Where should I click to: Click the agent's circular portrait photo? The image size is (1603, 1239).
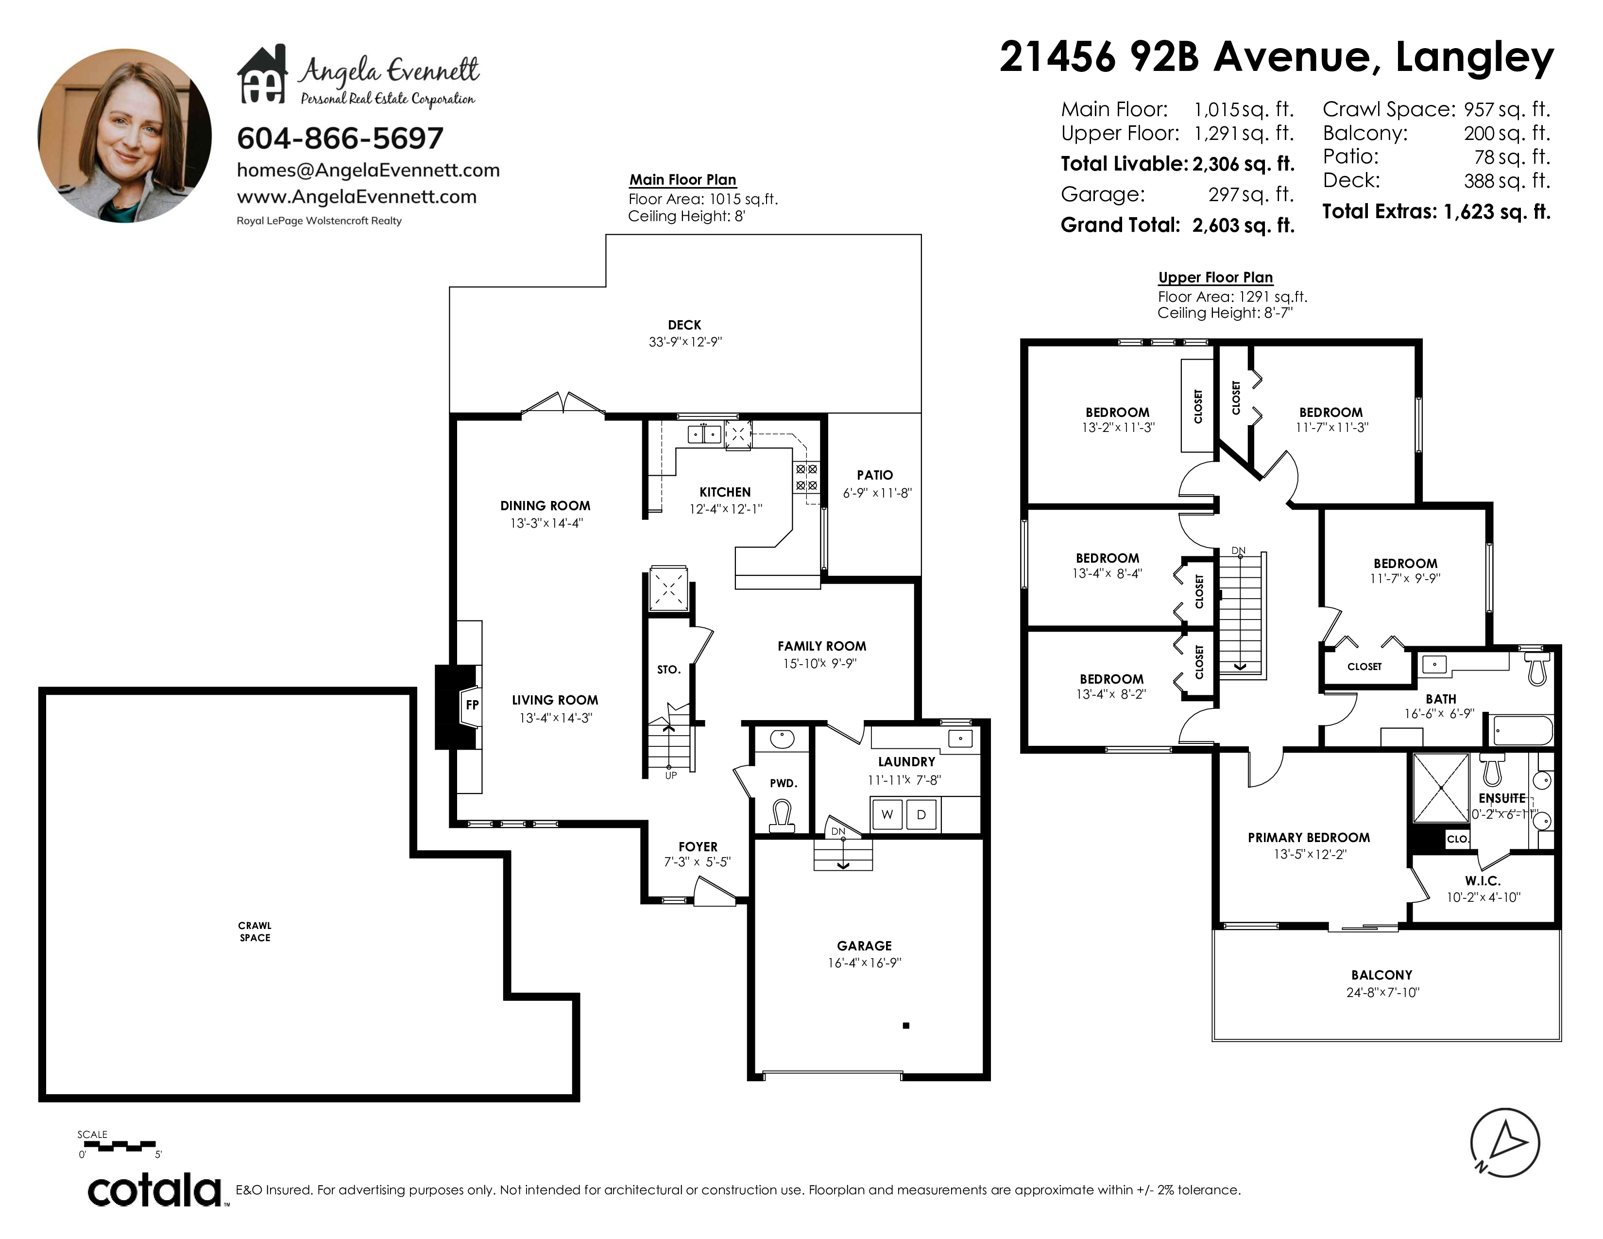[x=125, y=136]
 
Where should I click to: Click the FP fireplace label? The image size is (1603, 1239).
[x=472, y=705]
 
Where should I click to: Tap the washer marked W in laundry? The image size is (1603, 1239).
[x=887, y=814]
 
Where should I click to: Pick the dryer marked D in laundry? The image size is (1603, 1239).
[x=921, y=814]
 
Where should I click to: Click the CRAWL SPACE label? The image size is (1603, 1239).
[x=255, y=931]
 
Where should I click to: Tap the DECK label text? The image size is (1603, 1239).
[x=684, y=325]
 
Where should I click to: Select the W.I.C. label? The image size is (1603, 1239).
[x=1483, y=881]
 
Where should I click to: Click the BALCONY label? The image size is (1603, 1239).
[x=1381, y=975]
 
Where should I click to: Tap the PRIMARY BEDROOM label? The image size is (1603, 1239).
[x=1309, y=838]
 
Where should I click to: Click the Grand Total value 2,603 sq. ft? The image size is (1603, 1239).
[x=1244, y=225]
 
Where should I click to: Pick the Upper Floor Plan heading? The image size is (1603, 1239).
[x=1215, y=277]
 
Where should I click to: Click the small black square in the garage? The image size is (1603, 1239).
[x=906, y=1025]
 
